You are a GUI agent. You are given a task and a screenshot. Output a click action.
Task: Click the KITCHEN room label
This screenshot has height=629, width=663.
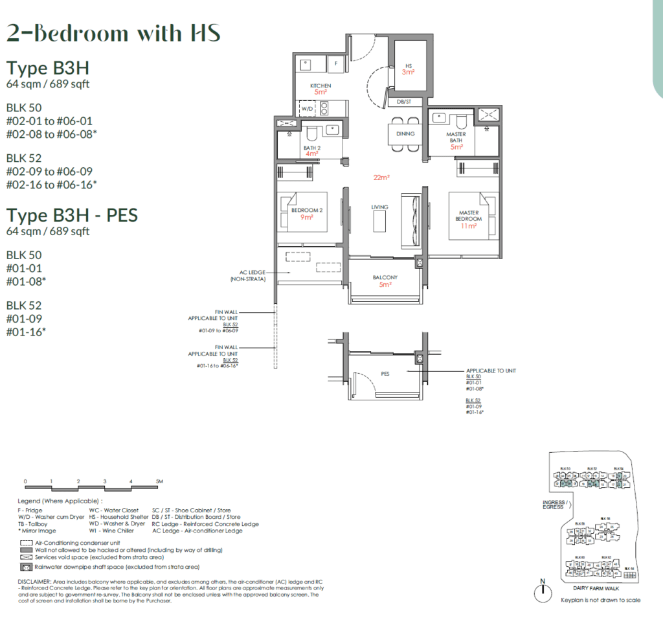[x=320, y=86]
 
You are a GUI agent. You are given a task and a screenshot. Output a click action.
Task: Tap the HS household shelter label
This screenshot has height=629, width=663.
[x=409, y=66]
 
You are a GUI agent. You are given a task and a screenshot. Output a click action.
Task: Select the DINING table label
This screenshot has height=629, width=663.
[x=406, y=133]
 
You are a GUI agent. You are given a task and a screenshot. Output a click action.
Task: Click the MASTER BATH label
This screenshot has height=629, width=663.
[x=456, y=138]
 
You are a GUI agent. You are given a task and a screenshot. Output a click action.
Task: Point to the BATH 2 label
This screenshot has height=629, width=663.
[x=312, y=148]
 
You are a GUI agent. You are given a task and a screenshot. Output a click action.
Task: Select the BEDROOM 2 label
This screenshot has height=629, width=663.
[x=302, y=211]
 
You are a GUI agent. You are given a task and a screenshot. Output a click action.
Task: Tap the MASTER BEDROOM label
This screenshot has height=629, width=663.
[x=468, y=216]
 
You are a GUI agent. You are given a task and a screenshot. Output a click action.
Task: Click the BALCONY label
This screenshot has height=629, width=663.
[x=385, y=277]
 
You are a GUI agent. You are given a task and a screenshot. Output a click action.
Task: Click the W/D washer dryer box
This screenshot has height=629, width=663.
[x=306, y=109]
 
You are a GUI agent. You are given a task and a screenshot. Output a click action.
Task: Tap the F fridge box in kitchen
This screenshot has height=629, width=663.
[x=336, y=63]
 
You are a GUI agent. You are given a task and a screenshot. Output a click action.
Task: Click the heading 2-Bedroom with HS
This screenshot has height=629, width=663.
[x=113, y=32]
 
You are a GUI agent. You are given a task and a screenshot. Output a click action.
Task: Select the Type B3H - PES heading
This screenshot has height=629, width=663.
[x=72, y=215]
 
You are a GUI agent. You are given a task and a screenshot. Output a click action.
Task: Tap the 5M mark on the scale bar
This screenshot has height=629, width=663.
[x=159, y=481]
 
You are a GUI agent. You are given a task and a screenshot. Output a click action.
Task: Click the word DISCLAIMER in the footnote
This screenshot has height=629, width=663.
[x=36, y=582]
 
